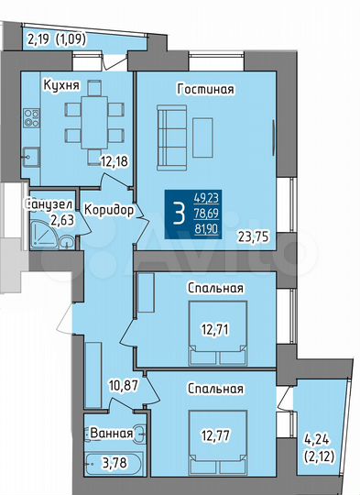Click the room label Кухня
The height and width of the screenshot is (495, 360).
pos(60,85)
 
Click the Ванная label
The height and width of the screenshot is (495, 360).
pos(109,434)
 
